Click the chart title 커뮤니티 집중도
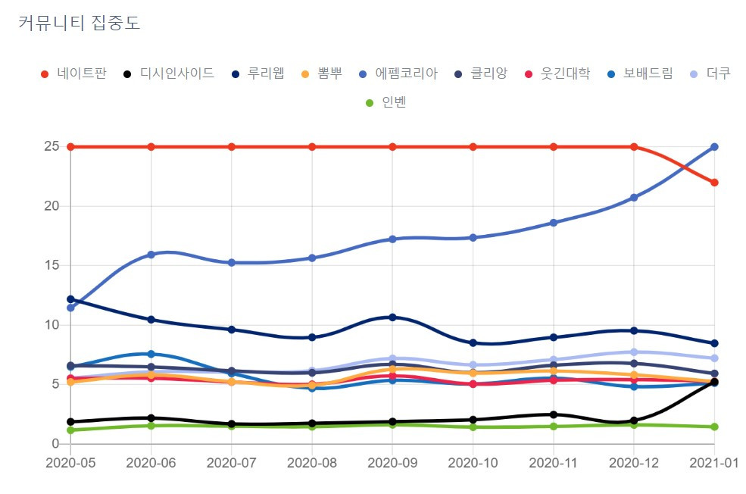coord(79,23)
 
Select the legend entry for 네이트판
coord(73,73)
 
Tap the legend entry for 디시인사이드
coord(169,73)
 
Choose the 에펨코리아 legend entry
coord(398,73)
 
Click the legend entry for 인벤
coord(385,102)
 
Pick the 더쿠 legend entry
coord(710,73)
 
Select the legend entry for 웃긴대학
coord(557,73)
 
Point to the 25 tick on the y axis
coord(52,146)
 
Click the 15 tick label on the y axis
coord(52,265)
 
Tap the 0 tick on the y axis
coord(55,443)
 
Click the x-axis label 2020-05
coord(70,463)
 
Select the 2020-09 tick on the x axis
coord(392,463)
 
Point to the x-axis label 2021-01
coord(714,463)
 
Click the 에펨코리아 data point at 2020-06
coord(151,255)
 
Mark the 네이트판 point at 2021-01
coord(714,183)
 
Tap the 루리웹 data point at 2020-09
coord(392,317)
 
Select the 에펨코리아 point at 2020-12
coord(634,198)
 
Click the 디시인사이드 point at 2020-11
coord(554,414)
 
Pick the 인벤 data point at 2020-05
coord(70,430)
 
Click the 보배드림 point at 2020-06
coord(151,354)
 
